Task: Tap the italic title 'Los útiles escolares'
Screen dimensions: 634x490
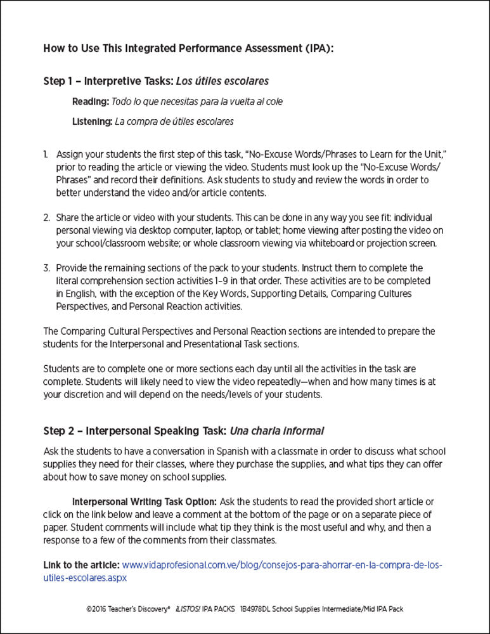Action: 222,81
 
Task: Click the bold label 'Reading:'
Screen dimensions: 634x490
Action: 91,101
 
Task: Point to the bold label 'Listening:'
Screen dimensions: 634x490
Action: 93,121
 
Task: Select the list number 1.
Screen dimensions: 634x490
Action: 46,155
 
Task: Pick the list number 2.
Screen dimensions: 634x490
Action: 46,217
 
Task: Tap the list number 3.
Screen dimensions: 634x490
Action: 46,268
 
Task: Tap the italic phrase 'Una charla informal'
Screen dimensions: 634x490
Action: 277,431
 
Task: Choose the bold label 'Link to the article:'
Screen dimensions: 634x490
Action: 81,565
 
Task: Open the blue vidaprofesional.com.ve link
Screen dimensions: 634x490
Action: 281,565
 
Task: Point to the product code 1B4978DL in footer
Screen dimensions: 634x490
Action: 257,609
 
